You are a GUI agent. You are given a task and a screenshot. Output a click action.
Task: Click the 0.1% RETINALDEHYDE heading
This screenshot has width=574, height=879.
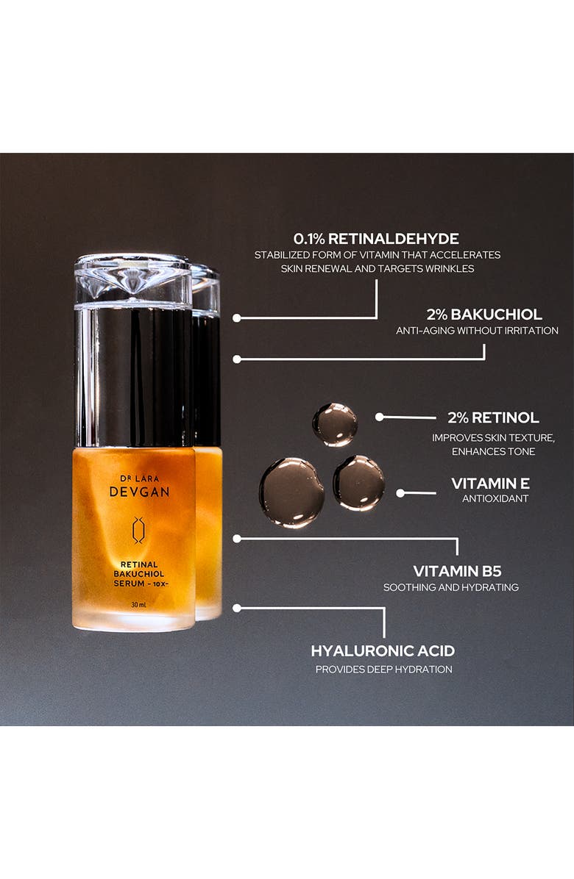(x=376, y=238)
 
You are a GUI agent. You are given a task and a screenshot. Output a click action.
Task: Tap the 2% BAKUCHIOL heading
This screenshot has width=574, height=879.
(x=484, y=314)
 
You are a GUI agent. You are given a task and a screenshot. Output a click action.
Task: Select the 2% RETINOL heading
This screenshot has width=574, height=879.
(x=493, y=417)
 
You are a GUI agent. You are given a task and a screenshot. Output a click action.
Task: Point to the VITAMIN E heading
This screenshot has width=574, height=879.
(x=490, y=483)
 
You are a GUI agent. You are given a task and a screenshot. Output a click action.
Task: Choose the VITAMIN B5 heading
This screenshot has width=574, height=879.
(x=457, y=571)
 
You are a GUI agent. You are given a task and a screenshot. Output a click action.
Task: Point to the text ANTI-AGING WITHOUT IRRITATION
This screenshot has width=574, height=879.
(x=477, y=331)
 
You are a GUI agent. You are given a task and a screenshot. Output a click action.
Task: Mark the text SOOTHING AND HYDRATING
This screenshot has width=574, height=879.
(x=450, y=587)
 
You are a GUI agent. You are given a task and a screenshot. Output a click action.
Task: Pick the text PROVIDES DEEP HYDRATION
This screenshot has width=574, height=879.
(x=383, y=669)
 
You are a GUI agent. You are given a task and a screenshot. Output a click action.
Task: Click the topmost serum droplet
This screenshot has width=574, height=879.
(x=335, y=424)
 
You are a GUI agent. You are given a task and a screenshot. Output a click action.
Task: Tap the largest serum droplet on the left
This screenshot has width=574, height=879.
(x=291, y=492)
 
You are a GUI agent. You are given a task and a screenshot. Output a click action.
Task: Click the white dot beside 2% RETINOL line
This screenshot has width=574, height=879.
(x=379, y=417)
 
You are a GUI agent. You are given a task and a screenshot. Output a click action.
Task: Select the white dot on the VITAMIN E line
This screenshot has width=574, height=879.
(x=400, y=492)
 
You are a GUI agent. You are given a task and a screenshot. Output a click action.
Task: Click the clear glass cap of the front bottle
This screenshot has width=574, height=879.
(x=133, y=279)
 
